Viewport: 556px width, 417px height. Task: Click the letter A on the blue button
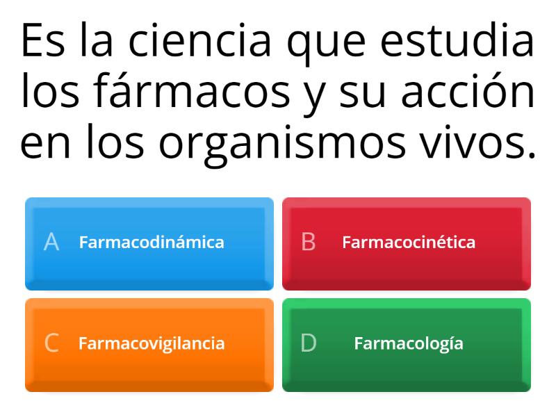pyautogui.click(x=51, y=242)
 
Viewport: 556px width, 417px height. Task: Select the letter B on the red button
pyautogui.click(x=308, y=242)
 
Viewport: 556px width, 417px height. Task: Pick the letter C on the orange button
pyautogui.click(x=51, y=343)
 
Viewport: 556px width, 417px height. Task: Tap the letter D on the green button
pyautogui.click(x=308, y=343)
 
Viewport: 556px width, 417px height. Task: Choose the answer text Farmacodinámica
pyautogui.click(x=152, y=242)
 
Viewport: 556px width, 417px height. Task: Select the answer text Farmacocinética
pyautogui.click(x=409, y=242)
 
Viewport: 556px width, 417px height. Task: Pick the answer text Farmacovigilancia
pyautogui.click(x=152, y=343)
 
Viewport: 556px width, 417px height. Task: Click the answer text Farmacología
pyautogui.click(x=409, y=343)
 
